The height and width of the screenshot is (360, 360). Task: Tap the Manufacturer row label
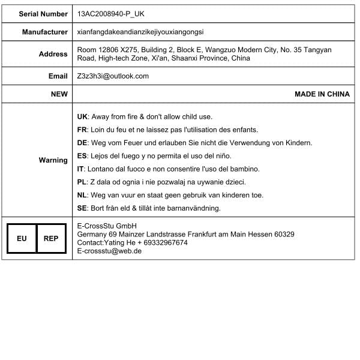[x=45, y=32]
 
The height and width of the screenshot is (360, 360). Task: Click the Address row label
[x=53, y=54]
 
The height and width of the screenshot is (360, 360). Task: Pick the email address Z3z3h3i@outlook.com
[x=113, y=76]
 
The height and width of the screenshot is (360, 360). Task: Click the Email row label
[x=58, y=76]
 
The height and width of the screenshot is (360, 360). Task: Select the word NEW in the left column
[x=59, y=94]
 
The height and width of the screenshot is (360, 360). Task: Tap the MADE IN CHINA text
[x=322, y=94]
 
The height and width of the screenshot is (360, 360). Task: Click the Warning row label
[x=53, y=160]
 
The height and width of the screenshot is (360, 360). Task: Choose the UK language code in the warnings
[x=83, y=116]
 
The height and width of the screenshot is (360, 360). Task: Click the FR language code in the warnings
[x=83, y=130]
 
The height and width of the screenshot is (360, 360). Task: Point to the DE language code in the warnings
[x=83, y=143]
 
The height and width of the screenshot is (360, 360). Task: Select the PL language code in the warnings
[x=83, y=182]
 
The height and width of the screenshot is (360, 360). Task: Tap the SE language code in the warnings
[x=83, y=208]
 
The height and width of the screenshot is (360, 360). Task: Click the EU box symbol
[x=22, y=238]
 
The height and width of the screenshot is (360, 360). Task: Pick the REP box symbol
[x=51, y=238]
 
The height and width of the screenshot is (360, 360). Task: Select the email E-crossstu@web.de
[x=109, y=251]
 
